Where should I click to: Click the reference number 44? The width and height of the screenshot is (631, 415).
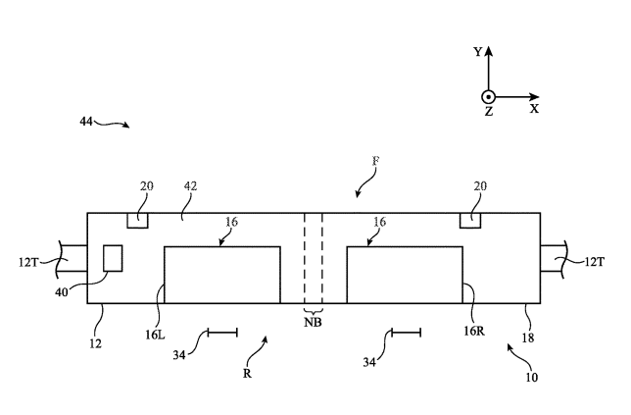[x=87, y=121]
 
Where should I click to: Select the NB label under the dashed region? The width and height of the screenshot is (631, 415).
[x=313, y=322]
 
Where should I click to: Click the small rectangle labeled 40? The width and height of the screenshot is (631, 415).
[x=113, y=258]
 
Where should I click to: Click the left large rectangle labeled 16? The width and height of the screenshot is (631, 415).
[x=221, y=276]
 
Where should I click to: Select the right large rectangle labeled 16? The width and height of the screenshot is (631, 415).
[x=405, y=276]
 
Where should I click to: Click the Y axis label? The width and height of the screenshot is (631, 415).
[x=477, y=52]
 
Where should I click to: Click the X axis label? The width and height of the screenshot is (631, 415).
[x=534, y=110]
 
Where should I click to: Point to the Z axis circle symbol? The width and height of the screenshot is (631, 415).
[x=488, y=96]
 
